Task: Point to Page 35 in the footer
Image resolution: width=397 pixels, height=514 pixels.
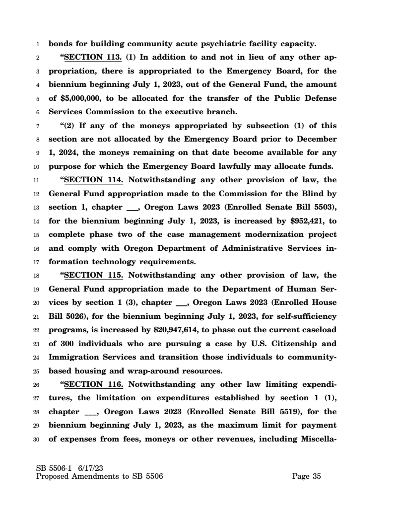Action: coord(307,477)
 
